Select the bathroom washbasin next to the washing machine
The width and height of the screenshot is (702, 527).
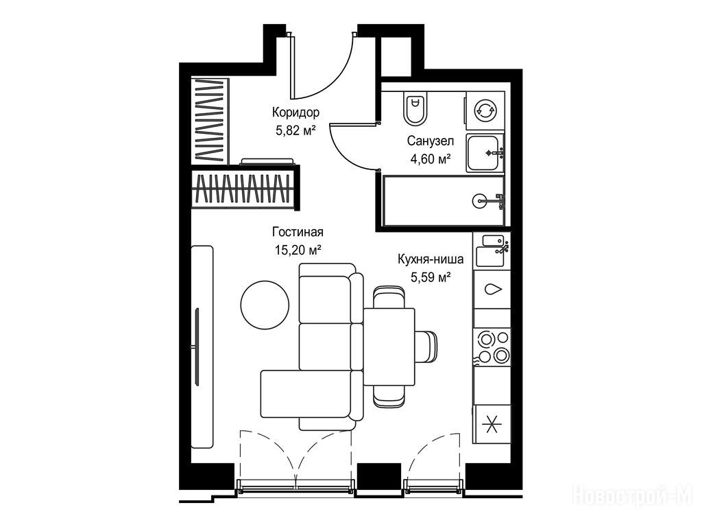(485, 153)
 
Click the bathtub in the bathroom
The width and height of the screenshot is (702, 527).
(444, 201)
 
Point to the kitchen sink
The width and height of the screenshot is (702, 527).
(492, 250)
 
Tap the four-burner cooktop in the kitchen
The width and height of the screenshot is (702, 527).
(492, 346)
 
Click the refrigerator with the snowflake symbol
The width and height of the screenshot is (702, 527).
(492, 423)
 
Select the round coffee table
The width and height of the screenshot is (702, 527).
(265, 305)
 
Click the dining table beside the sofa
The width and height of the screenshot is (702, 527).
(389, 347)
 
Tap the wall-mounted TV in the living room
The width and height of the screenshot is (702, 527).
(197, 347)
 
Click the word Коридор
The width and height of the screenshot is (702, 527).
(295, 112)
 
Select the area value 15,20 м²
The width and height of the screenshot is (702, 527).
(298, 249)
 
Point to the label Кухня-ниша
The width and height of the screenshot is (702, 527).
(431, 259)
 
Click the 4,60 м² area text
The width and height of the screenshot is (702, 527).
(431, 159)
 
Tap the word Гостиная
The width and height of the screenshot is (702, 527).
(298, 232)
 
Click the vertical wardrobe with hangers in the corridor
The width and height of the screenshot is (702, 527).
(210, 121)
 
